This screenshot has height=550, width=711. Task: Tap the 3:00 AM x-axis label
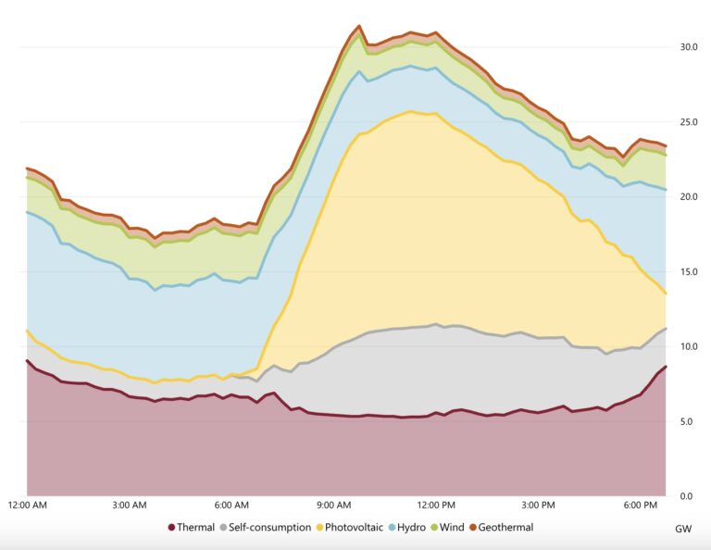129,506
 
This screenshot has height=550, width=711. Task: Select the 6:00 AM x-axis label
231,506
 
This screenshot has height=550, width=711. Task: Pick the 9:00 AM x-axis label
333,506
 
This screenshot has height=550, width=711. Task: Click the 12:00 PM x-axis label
436,506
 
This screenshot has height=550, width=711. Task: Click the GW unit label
684,529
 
